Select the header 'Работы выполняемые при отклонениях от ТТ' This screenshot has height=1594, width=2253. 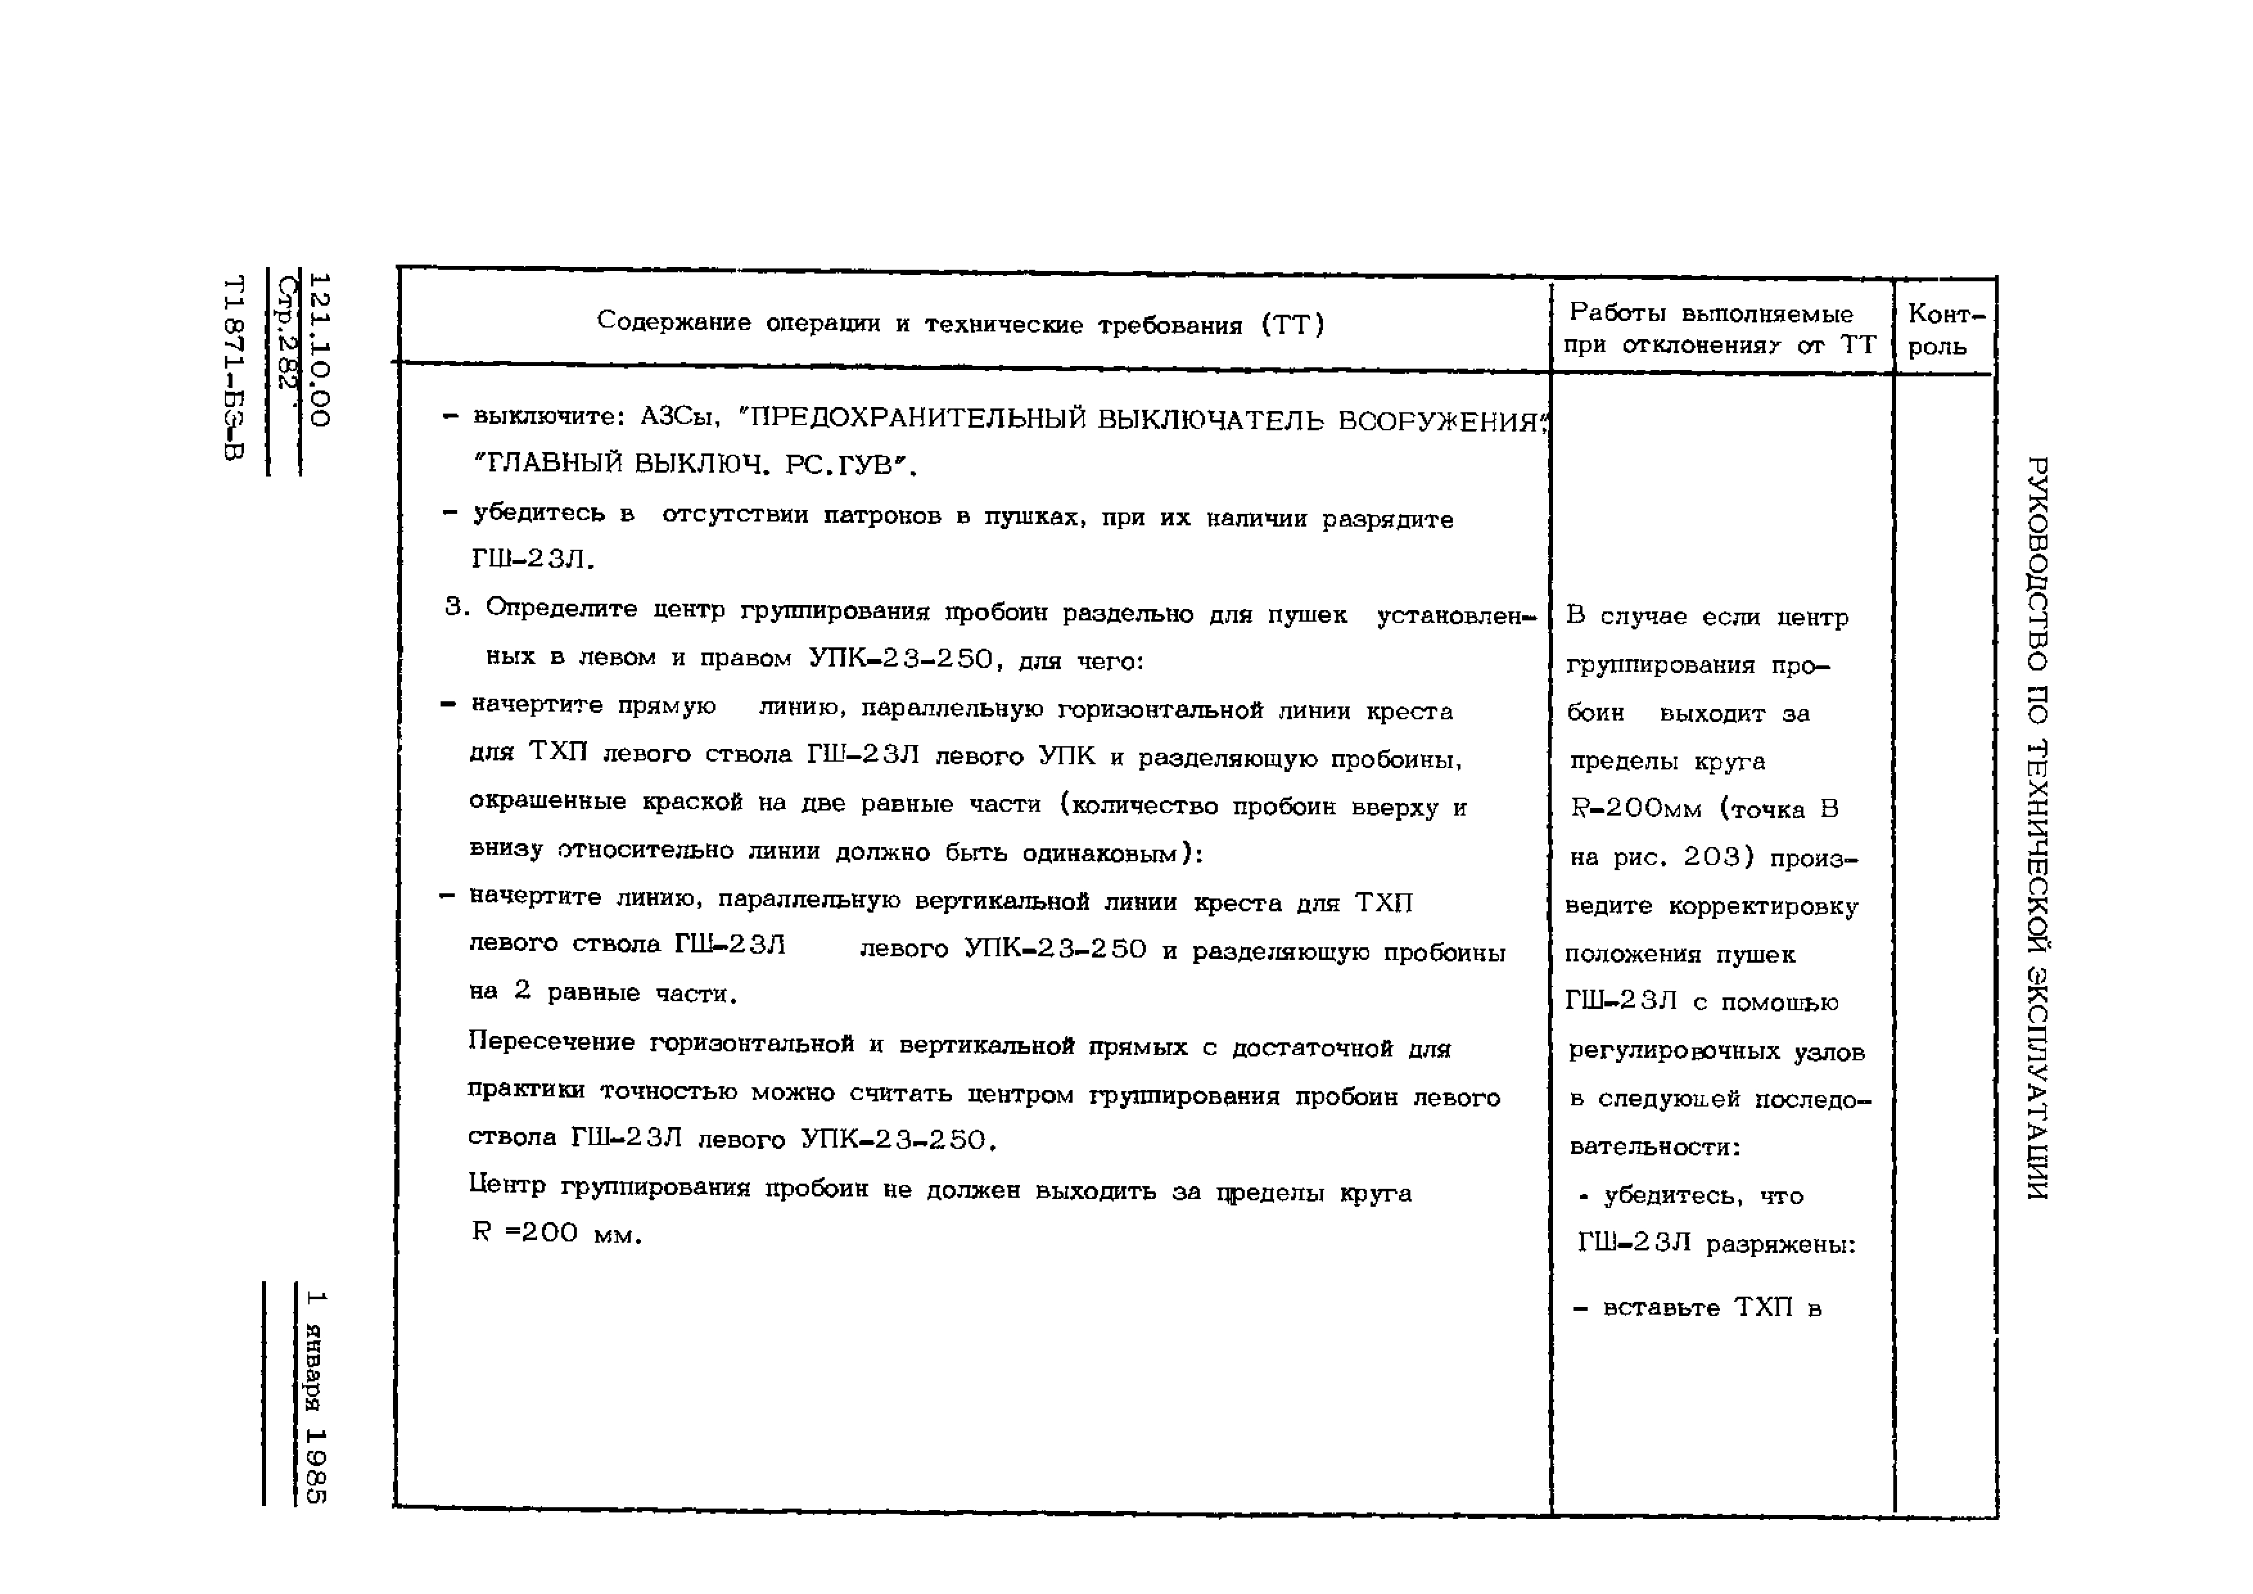click(x=1719, y=329)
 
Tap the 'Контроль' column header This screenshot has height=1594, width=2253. click(x=1945, y=330)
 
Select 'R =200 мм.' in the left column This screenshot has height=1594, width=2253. click(x=556, y=1234)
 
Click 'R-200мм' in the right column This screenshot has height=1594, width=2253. click(x=1635, y=809)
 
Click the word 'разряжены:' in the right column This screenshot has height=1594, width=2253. click(x=1781, y=1245)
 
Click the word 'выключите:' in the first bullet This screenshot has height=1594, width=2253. click(x=550, y=417)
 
